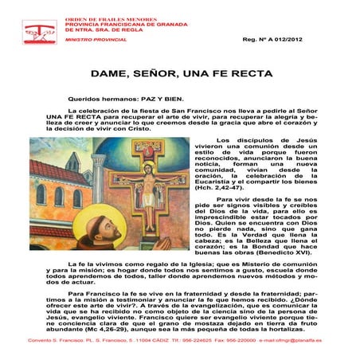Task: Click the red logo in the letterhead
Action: (x=36, y=32)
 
